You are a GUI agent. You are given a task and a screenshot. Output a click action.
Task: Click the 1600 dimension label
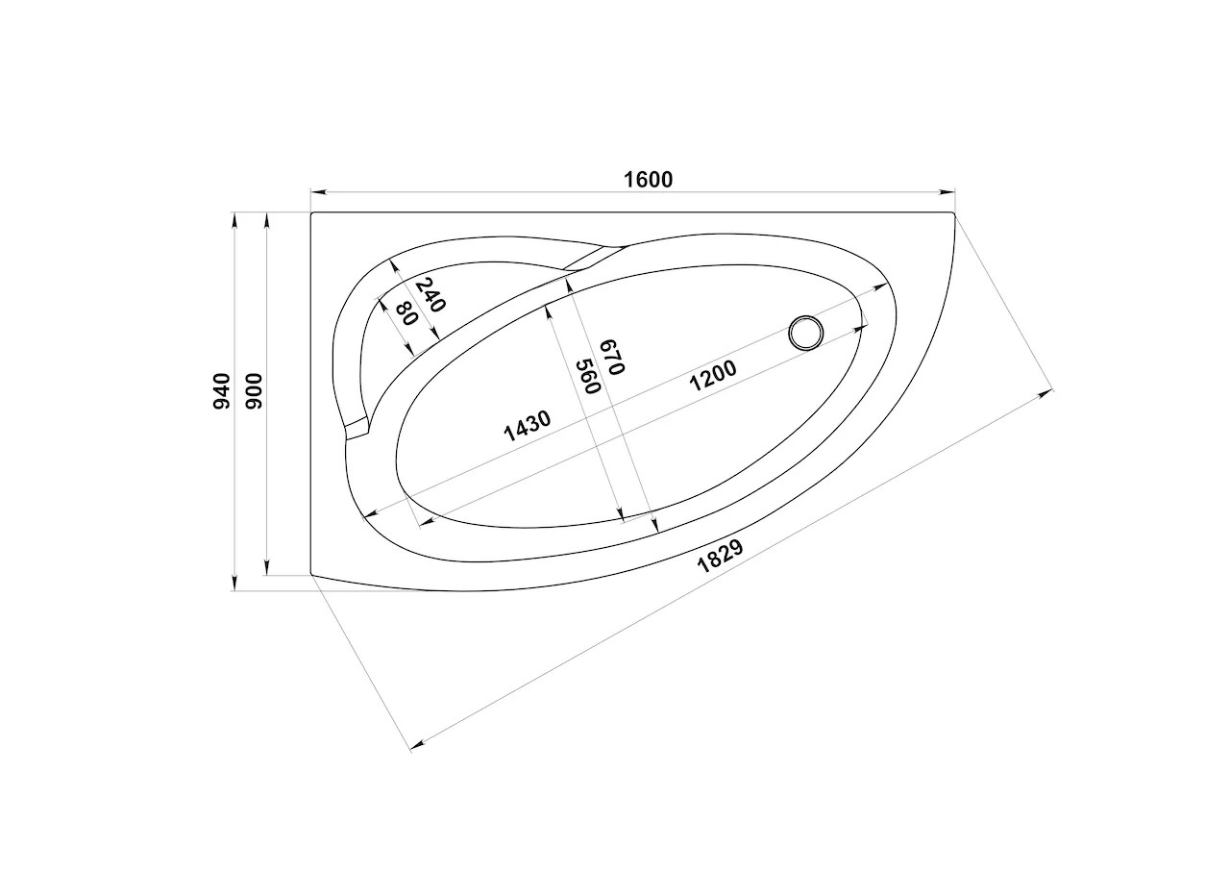coord(648,180)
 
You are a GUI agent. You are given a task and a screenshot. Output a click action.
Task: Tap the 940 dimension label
coord(222,390)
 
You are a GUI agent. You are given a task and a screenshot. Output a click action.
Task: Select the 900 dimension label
coord(255,390)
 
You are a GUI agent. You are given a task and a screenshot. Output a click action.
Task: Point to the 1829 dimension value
coord(720,557)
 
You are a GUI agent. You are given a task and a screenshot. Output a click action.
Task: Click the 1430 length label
coord(528,426)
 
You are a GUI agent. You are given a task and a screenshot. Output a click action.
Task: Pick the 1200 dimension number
coord(713,376)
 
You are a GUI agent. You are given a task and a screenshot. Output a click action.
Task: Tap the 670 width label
coord(613,357)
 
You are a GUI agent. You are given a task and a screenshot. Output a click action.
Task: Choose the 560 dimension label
coord(587,376)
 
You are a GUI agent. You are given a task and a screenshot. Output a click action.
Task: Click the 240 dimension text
coord(430,295)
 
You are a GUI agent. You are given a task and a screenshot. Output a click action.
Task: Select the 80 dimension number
coord(407,313)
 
